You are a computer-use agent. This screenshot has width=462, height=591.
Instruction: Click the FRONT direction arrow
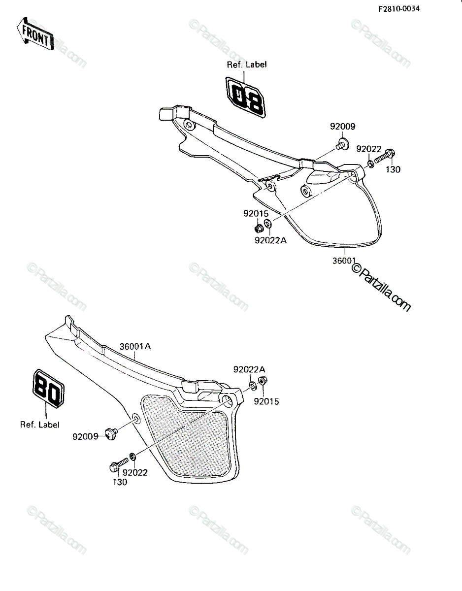35,34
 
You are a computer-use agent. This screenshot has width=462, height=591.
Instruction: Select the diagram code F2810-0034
399,9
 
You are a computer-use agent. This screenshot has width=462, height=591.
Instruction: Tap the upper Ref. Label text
247,65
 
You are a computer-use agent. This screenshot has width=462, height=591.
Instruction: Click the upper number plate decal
245,98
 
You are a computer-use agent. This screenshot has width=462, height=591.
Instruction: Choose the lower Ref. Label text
40,425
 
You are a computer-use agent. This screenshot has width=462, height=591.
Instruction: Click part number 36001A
135,347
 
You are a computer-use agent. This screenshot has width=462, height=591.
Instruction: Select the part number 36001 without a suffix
344,261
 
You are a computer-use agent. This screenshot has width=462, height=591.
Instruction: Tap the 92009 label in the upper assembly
343,127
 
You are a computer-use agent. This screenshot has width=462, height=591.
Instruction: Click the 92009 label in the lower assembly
85,436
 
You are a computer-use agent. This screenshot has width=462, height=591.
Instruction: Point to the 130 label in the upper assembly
393,169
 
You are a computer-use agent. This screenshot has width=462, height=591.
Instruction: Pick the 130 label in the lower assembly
120,482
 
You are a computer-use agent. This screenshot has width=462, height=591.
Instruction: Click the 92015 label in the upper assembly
256,214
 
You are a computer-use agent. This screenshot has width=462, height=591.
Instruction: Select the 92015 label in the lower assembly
266,401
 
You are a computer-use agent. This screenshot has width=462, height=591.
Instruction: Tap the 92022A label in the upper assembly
271,240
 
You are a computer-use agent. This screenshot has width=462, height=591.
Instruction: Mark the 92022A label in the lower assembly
249,369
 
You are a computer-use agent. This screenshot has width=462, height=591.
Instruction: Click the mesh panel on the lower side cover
187,436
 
